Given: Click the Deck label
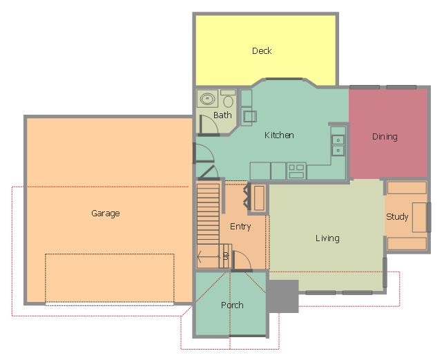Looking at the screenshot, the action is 262,50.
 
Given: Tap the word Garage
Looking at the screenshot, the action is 106,214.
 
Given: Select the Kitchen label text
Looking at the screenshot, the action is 279,135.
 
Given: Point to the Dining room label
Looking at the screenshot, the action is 385,137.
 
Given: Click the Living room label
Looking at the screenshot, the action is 327,238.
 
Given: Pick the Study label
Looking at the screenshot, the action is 397,217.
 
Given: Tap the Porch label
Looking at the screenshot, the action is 232,305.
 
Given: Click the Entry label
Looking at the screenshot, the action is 240,227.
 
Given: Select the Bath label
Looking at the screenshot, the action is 222,115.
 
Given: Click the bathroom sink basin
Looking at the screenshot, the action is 207,99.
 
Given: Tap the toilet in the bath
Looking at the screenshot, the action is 228,99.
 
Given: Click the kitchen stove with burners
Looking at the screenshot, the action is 296,171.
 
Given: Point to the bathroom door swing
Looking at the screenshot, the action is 209,126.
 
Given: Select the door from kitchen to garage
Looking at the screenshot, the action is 204,153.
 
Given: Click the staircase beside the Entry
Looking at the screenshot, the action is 208,214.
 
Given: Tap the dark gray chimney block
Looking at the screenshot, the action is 282,296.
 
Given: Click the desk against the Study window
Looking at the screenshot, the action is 419,217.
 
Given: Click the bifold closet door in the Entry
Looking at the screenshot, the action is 247,197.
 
